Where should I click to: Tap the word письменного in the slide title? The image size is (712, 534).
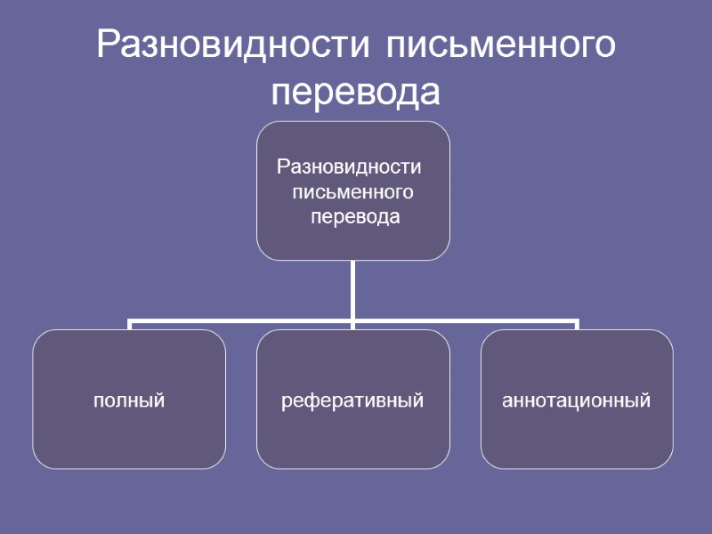point(500,46)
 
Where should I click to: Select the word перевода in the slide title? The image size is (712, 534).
point(355,92)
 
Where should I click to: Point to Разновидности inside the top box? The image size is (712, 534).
point(349,166)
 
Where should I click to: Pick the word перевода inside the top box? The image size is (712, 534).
point(354,216)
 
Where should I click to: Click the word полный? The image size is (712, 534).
point(130,400)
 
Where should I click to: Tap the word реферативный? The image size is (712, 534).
point(352,400)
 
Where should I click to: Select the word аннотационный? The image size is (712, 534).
point(577,400)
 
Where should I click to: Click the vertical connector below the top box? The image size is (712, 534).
point(353,289)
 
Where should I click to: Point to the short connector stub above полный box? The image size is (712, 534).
point(130,325)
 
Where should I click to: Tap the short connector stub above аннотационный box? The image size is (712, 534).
point(577,325)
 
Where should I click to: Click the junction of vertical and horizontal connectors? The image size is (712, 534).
point(353,320)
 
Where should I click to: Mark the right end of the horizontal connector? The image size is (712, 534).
point(576,320)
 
